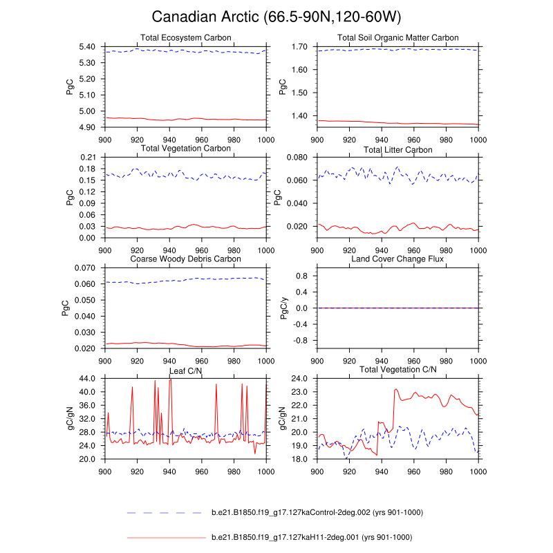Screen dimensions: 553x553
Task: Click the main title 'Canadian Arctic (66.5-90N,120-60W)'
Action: pyautogui.click(x=276, y=17)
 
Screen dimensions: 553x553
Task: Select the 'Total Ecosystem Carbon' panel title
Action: pyautogui.click(x=185, y=37)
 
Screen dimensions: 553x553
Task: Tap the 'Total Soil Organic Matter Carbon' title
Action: pyautogui.click(x=397, y=37)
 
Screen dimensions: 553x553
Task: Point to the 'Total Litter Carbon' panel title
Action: pyautogui.click(x=397, y=149)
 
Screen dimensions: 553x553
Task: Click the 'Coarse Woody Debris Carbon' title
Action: pyautogui.click(x=185, y=259)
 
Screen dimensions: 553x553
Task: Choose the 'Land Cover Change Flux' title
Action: pyautogui.click(x=397, y=259)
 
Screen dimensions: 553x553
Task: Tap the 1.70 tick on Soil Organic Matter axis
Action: pyautogui.click(x=299, y=46)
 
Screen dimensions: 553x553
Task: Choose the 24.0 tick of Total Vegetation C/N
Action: pyautogui.click(x=299, y=379)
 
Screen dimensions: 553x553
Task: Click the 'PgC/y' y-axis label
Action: pyautogui.click(x=283, y=308)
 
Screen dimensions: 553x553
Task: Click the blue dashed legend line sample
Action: pyautogui.click(x=166, y=513)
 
